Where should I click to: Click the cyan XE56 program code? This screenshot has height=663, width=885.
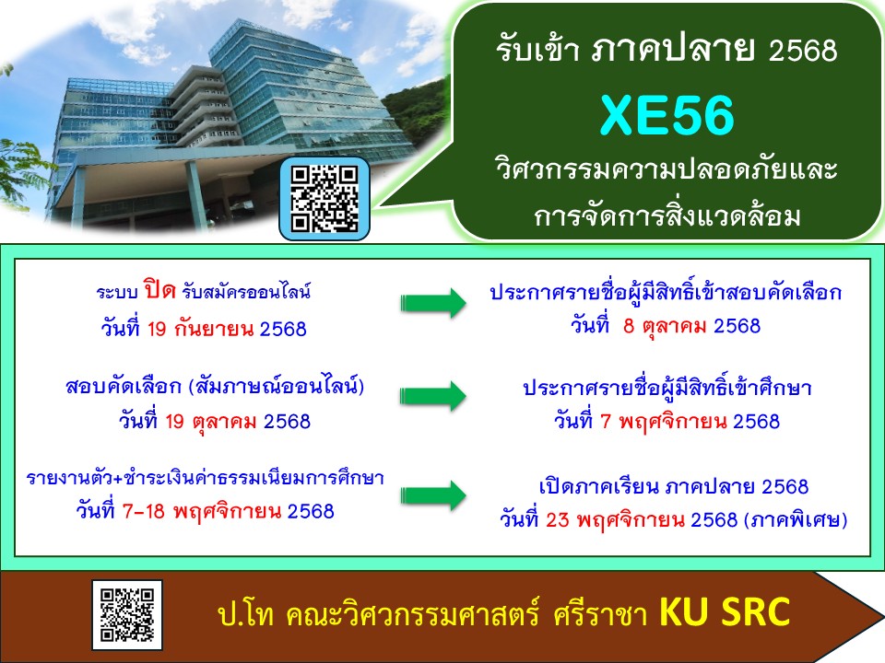(x=667, y=116)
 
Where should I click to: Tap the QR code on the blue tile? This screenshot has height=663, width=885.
(x=324, y=199)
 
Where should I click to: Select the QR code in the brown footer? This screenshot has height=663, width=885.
(x=127, y=615)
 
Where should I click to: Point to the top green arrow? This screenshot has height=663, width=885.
(x=433, y=303)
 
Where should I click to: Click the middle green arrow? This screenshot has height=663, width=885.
(x=433, y=396)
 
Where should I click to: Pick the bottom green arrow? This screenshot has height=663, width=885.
(x=433, y=495)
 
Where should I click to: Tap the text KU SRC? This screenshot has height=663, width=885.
(x=725, y=611)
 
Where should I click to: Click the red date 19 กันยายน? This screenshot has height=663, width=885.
(x=200, y=329)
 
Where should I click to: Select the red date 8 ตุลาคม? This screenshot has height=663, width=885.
(x=665, y=326)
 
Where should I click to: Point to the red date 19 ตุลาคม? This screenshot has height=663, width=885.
(x=211, y=421)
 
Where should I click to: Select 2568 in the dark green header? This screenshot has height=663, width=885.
(x=803, y=50)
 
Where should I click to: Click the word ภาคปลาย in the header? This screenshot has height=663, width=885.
(x=673, y=49)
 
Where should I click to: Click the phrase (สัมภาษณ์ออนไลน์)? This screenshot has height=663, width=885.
(x=276, y=387)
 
